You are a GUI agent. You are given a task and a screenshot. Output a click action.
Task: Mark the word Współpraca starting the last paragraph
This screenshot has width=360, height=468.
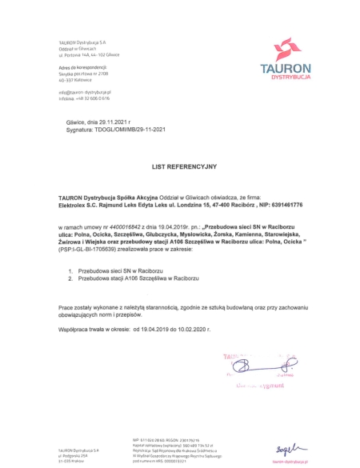[75, 328]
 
